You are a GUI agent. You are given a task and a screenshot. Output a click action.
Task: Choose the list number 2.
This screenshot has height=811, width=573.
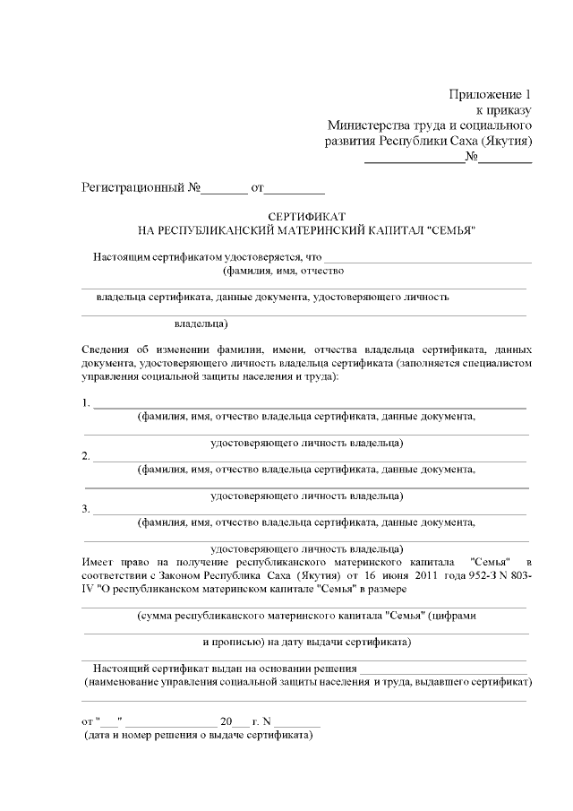tap(85, 456)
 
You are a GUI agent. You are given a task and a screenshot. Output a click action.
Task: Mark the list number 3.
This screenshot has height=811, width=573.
tap(85, 509)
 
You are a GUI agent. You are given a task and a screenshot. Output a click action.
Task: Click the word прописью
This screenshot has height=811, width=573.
tap(235, 642)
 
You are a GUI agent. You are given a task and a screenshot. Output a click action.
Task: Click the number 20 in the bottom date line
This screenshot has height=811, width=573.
tap(227, 721)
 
